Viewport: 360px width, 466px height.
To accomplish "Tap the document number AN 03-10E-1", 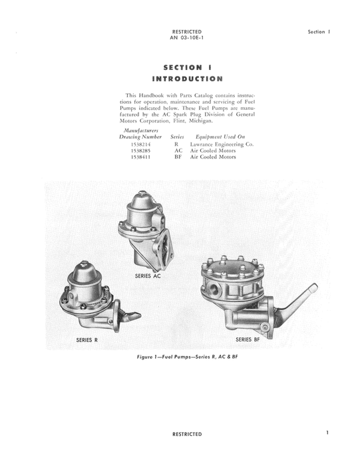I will tap(187, 38).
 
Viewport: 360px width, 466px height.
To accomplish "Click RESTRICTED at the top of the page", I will tap(187, 31).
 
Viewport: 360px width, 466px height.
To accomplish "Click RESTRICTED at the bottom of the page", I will tap(187, 434).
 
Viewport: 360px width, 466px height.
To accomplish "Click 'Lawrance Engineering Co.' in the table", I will tap(222, 144).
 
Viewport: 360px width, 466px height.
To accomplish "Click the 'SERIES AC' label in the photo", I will tap(147, 275).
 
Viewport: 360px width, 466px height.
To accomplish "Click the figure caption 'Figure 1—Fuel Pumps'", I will tap(187, 359).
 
